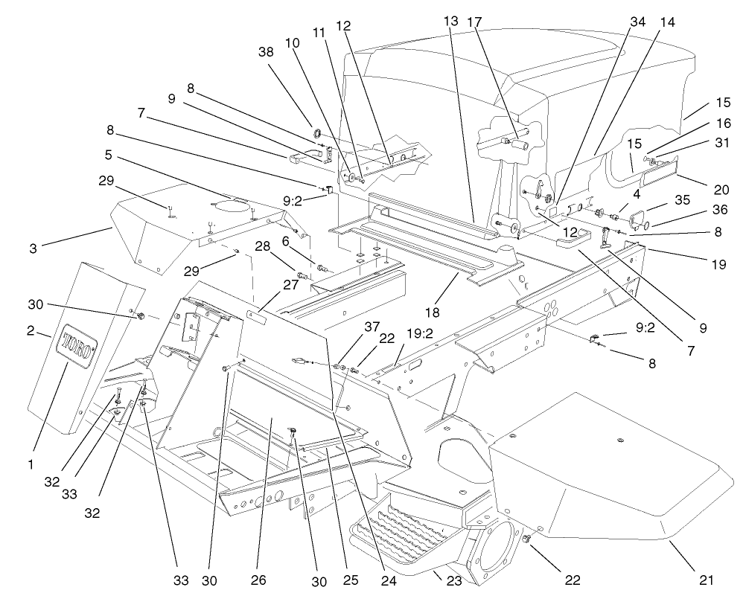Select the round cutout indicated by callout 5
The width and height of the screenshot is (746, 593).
click(231, 203)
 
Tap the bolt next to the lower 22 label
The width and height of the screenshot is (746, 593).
click(527, 538)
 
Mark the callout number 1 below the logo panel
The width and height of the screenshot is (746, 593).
click(31, 464)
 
